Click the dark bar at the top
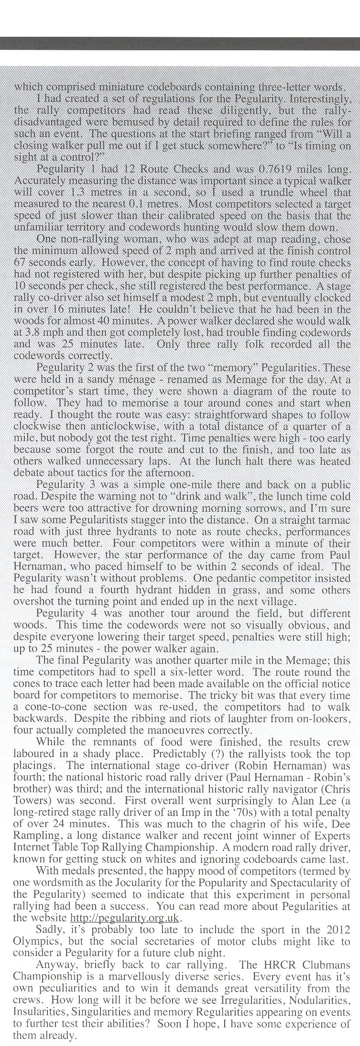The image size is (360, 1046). [x=180, y=43]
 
